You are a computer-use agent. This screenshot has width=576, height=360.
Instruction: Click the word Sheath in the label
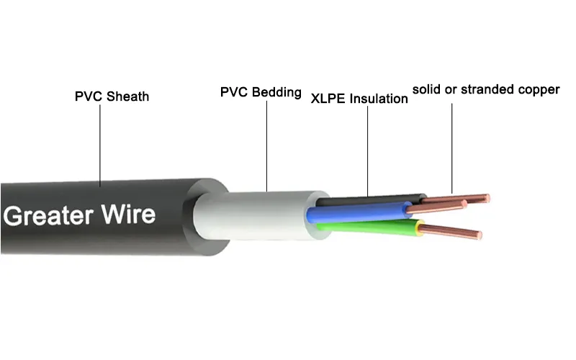tap(127, 96)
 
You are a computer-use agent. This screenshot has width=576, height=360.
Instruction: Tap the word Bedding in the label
tap(276, 93)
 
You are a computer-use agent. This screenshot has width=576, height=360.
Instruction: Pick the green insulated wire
tap(367, 227)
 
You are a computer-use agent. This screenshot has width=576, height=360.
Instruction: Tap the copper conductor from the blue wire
tap(439, 207)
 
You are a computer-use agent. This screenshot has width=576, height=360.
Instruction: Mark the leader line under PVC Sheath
tap(101, 144)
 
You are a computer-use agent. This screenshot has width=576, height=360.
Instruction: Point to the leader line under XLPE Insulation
tap(367, 151)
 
